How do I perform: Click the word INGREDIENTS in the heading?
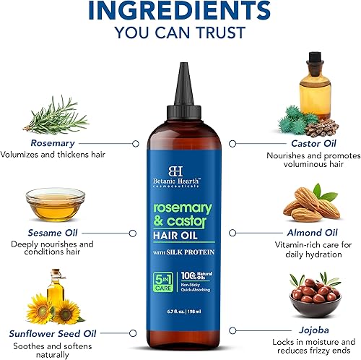(180, 12)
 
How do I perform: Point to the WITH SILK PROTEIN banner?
(180, 251)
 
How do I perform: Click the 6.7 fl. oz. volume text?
(166, 312)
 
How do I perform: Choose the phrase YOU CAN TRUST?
(180, 35)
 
